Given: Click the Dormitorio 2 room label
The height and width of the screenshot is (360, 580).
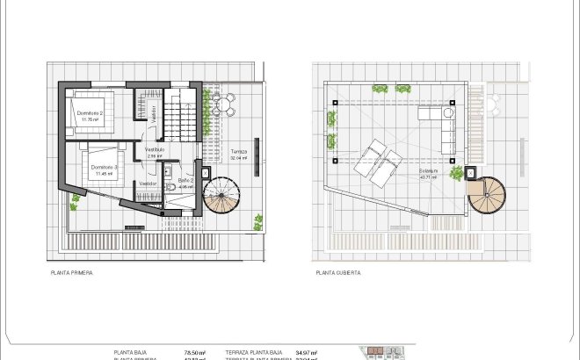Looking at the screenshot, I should [90, 113].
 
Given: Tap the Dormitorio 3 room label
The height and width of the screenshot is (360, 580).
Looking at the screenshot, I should [104, 167].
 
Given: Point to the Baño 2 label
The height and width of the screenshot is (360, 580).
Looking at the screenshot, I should [185, 180].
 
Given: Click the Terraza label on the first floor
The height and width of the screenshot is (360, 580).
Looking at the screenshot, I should [239, 152].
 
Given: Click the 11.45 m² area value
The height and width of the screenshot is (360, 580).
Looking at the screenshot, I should [103, 173].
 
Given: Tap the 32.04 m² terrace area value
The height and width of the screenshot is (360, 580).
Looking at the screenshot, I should [239, 158].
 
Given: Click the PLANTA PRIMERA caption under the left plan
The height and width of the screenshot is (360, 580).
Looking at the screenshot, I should [72, 273].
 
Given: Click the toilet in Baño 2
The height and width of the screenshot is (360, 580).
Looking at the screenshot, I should [168, 188].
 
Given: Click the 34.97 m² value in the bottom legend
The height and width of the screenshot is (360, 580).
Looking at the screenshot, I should [306, 352].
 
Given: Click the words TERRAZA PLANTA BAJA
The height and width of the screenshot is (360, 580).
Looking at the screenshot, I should [254, 352].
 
